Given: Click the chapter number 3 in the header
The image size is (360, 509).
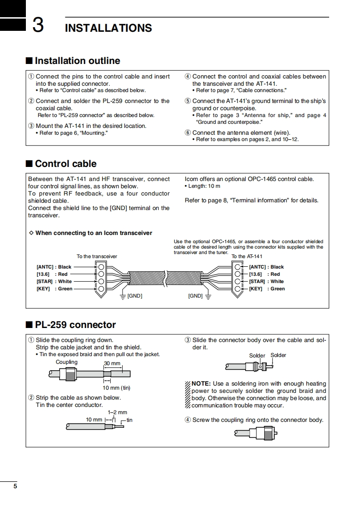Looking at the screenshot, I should coord(38,25).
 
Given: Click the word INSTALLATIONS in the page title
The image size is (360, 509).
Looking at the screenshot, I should coord(108,28).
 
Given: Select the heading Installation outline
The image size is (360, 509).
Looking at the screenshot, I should coord(77,61).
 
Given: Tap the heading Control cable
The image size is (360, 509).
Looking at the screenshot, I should coord(65,164).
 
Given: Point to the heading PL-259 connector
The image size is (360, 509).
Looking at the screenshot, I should coord(75,325).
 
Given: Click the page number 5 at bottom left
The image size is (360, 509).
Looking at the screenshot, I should coord(15,486).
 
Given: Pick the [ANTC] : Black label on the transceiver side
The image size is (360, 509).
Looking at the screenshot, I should coord(54,267).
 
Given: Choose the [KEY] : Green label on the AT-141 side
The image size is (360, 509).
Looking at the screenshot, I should coord(267,289).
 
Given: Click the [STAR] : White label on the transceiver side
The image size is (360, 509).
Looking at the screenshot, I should coord(54,282).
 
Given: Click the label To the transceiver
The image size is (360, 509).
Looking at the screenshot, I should coord(97,256).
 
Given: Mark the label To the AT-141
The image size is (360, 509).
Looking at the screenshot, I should coord(247,256).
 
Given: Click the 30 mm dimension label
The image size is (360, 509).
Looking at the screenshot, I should coord(112,364).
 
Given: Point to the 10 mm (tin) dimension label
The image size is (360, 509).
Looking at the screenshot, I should coord(116,388).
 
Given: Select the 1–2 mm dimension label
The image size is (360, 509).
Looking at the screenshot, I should coord(117,412).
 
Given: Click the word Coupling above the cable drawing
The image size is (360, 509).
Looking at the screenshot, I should coord(67,362).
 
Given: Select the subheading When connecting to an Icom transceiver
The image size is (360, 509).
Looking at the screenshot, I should coord(94,233).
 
